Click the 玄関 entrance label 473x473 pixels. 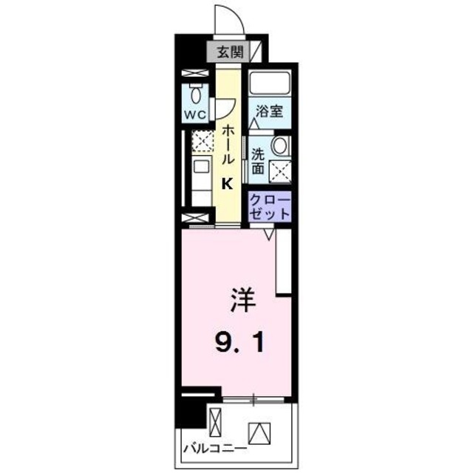point(230,52)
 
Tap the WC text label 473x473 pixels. point(195,115)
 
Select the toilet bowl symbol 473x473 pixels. point(196,94)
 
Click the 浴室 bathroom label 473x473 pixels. point(269,112)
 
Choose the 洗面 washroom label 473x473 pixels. point(257,161)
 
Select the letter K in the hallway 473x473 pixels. point(228,185)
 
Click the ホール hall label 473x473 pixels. point(229,143)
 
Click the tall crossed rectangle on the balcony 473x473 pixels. point(215,423)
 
